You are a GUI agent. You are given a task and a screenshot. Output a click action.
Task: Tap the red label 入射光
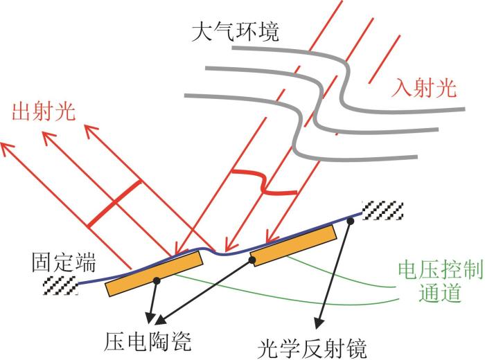point(423,88)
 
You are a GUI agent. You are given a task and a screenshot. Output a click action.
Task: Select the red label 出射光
point(44,111)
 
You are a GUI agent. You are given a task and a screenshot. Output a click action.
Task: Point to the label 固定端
point(64,262)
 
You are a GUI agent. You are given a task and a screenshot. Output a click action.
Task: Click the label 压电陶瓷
point(148,341)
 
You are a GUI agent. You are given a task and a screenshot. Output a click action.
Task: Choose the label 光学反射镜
point(312,348)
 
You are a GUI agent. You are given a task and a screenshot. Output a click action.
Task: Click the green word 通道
point(439,292)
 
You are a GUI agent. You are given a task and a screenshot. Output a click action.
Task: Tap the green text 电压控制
point(441,270)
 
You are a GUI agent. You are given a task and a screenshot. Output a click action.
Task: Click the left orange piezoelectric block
point(155,273)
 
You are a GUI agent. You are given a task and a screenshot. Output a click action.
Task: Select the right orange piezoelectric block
point(293,245)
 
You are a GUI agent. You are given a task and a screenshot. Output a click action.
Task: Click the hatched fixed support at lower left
point(60,285)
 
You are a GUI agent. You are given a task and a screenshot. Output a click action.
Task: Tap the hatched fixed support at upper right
point(382,210)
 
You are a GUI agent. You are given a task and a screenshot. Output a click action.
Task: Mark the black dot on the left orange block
point(157,280)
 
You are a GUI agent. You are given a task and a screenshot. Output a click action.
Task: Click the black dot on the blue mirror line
point(351,220)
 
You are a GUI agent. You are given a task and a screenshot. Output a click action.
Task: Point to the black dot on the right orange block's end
point(252,260)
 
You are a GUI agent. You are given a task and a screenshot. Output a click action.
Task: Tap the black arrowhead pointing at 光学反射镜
point(319,323)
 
